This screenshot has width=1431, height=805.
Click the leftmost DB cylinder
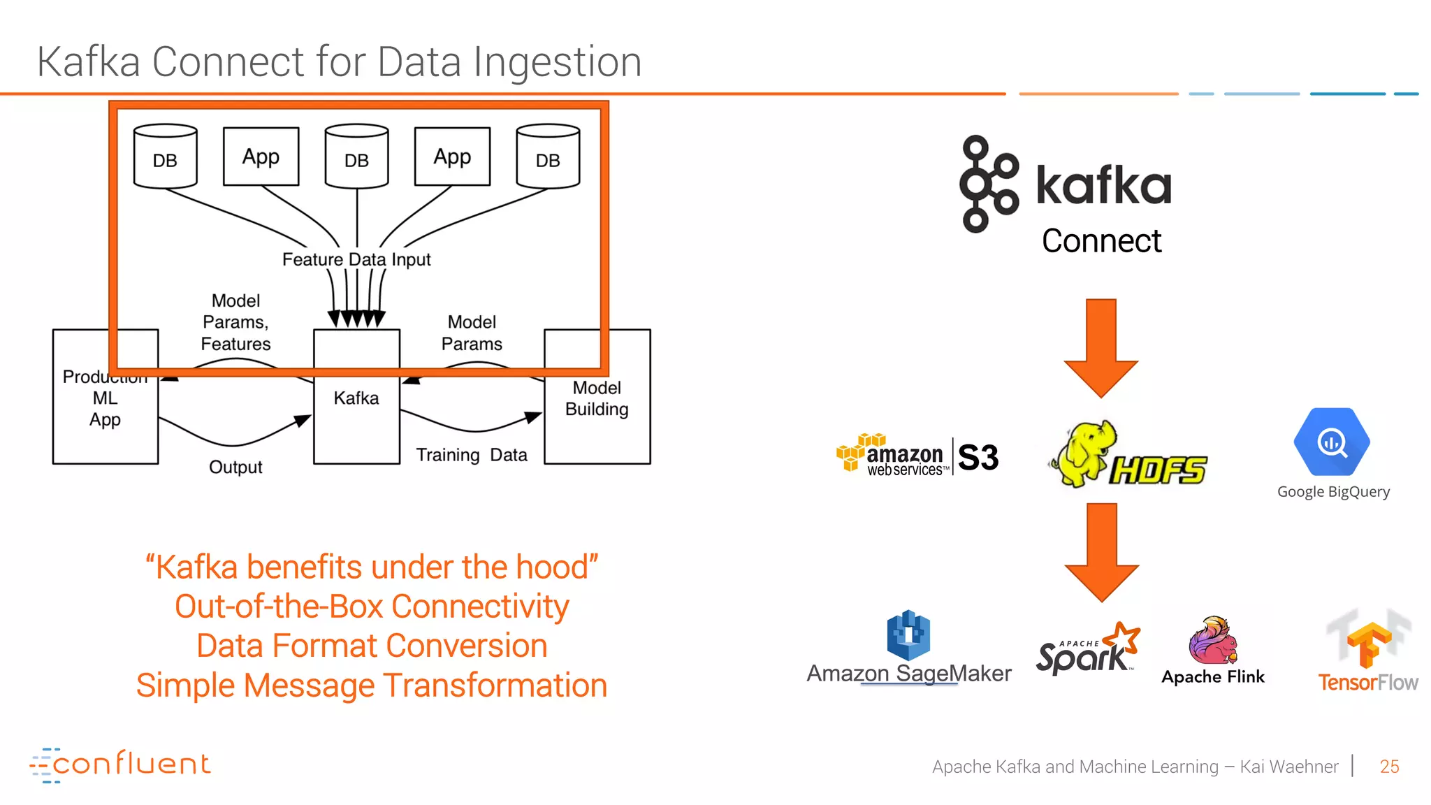click(x=165, y=157)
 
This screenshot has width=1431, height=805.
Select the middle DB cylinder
click(x=356, y=157)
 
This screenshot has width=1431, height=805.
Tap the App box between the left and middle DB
click(x=261, y=157)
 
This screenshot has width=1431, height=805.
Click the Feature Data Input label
click(x=356, y=259)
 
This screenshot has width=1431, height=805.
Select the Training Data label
click(x=472, y=455)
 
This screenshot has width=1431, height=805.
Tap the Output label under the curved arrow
click(x=235, y=467)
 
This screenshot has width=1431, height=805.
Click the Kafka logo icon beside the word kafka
click(x=988, y=184)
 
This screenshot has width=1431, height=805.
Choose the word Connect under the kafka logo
click(x=1101, y=241)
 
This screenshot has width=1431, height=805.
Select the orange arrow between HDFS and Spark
click(x=1102, y=551)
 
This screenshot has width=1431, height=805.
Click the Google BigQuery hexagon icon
click(x=1332, y=442)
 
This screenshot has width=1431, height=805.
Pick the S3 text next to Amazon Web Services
click(x=978, y=458)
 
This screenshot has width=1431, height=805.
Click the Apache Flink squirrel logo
click(x=1212, y=640)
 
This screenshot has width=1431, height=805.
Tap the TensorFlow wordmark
click(x=1367, y=682)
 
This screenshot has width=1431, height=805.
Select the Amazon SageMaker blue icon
click(x=908, y=635)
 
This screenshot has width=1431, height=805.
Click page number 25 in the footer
click(x=1389, y=767)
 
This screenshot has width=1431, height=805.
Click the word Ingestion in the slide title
click(x=558, y=61)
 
